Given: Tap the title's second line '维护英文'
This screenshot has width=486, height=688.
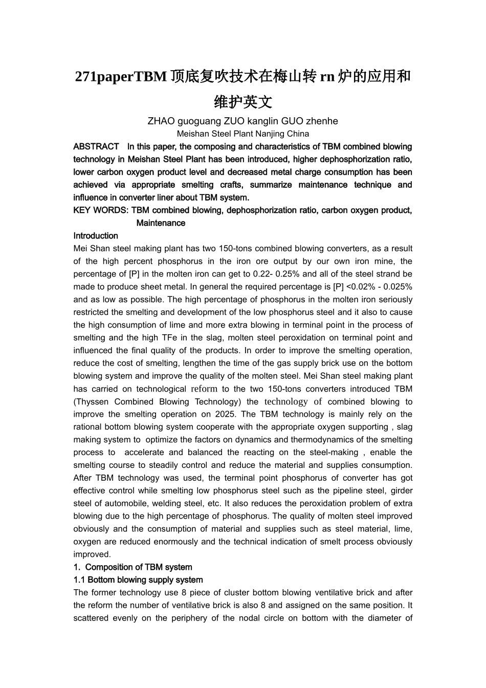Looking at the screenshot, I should coord(243,102).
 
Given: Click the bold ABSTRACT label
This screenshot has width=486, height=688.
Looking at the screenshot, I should coord(96,147).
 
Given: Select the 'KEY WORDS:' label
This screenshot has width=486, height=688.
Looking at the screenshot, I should coord(101,210).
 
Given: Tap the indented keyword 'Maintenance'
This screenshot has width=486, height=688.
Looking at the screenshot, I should coord(161,223).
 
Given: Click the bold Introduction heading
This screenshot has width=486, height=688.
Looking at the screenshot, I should coord(96,236).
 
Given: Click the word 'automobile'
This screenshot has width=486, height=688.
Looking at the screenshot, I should coord(124,504).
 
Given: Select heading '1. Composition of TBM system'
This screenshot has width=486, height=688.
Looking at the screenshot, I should coord(133,567).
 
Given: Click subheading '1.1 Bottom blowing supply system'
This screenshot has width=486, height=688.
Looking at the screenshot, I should coord(138,580).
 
